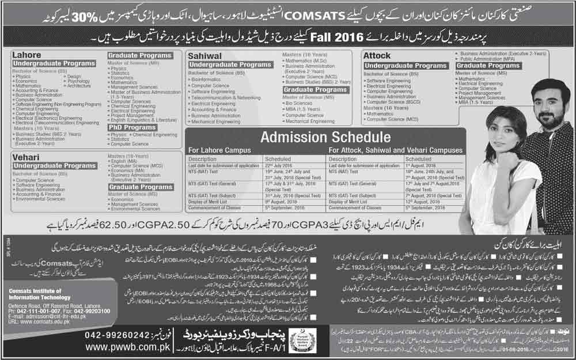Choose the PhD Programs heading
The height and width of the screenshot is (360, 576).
[x=132, y=127]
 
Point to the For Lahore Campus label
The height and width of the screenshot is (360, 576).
[x=219, y=150]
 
